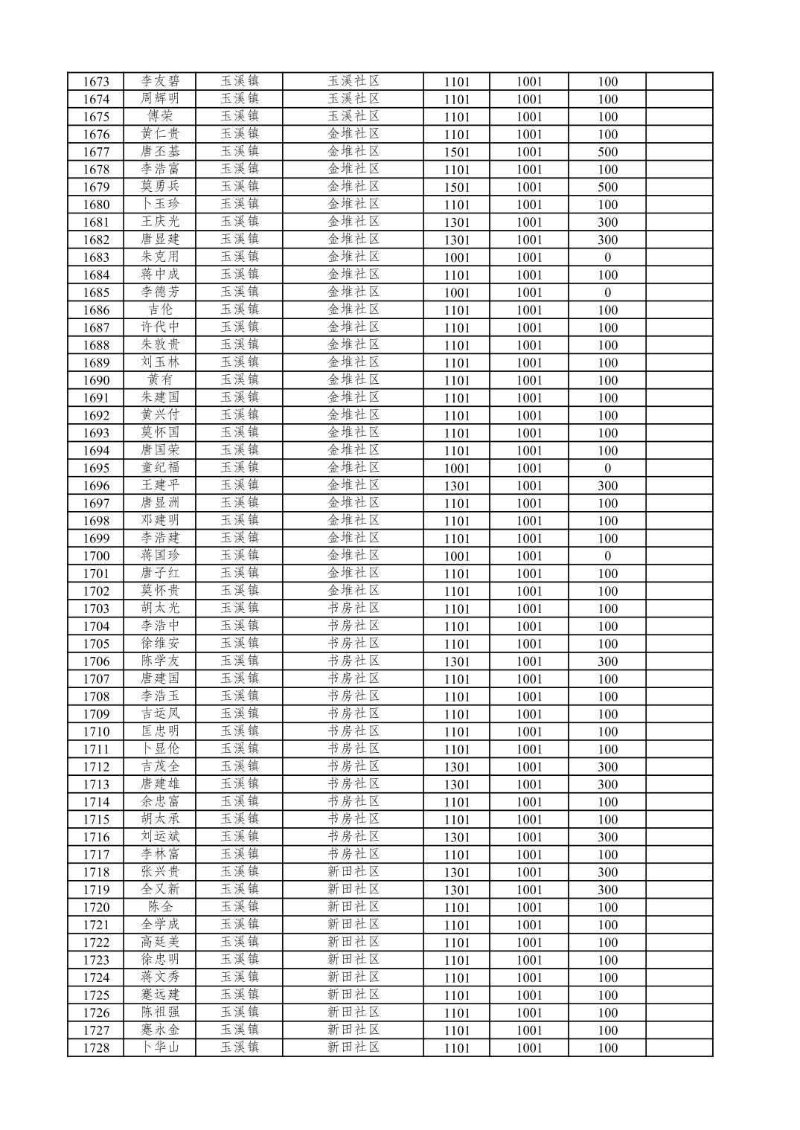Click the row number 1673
pyautogui.click(x=96, y=82)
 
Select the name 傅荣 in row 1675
pyautogui.click(x=160, y=117)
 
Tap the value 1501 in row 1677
pyautogui.click(x=457, y=152)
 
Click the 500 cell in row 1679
pyautogui.click(x=607, y=187)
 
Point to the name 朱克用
pyautogui.click(x=160, y=257)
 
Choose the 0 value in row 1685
pyautogui.click(x=607, y=292)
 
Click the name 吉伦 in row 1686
pyautogui.click(x=160, y=310)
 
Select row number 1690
pyautogui.click(x=96, y=380)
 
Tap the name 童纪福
pyautogui.click(x=160, y=468)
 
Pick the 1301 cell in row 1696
pyautogui.click(x=457, y=486)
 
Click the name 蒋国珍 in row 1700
pyautogui.click(x=160, y=556)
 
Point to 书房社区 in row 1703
pyautogui.click(x=353, y=609)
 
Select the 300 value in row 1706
pyautogui.click(x=607, y=661)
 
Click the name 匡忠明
pyautogui.click(x=160, y=731)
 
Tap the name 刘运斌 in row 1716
pyautogui.click(x=160, y=837)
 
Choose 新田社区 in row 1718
pyautogui.click(x=353, y=872)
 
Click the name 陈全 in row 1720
pyautogui.click(x=160, y=908)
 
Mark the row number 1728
pyautogui.click(x=96, y=1048)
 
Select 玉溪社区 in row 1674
pyautogui.click(x=353, y=99)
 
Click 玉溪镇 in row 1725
pyautogui.click(x=239, y=995)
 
